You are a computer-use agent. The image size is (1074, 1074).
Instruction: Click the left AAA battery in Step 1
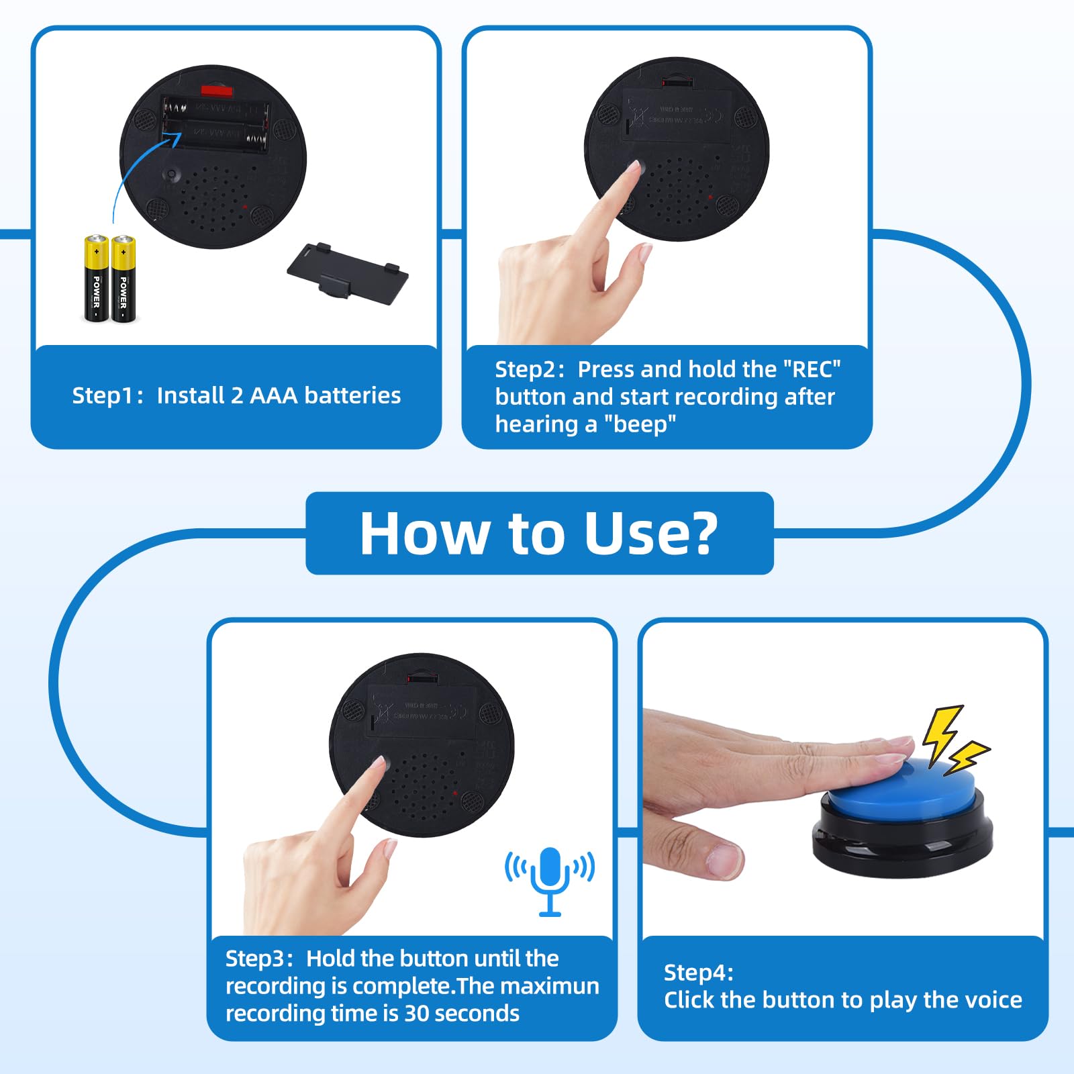[96, 279]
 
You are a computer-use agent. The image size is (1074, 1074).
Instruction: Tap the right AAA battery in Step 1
[123, 279]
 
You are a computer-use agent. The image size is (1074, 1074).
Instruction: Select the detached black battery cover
[348, 272]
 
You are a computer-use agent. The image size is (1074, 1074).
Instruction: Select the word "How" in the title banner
[424, 534]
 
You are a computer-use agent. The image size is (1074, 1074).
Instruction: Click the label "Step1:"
[107, 395]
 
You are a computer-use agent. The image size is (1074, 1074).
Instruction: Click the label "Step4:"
[698, 972]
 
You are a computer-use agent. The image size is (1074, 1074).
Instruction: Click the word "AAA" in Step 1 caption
[273, 395]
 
